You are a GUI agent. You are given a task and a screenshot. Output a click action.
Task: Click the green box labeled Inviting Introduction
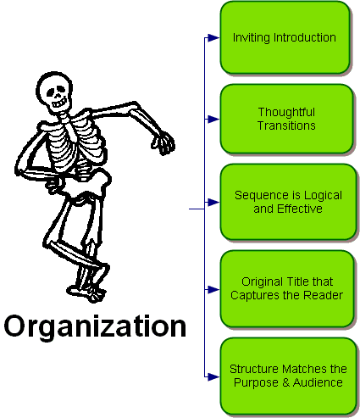coord(285,37)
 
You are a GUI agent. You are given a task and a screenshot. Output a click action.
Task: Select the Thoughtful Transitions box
coord(286,119)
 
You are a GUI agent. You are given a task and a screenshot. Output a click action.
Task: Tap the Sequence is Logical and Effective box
coord(288,202)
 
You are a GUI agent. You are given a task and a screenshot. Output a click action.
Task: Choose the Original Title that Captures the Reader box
coord(287,288)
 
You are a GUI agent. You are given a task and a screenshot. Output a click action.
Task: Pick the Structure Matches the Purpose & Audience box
coord(288,376)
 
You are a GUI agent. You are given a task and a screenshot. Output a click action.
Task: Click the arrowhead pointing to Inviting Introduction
coord(213,37)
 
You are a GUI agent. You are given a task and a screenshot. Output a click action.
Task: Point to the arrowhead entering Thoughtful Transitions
coord(213,120)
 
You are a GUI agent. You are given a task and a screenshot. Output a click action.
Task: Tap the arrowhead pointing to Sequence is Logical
coord(213,203)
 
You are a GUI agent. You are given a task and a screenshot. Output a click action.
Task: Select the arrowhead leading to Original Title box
coord(213,290)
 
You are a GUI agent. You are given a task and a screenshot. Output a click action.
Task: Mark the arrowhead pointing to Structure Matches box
coord(213,376)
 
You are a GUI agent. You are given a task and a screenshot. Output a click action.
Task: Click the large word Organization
coord(95,326)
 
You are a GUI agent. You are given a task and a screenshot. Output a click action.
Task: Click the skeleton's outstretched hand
coord(163,143)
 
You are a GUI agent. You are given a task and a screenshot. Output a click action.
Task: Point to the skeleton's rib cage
coord(75,142)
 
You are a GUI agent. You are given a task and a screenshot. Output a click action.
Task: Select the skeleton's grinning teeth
coord(60,103)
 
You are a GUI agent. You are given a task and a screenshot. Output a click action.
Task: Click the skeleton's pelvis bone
coord(85,184)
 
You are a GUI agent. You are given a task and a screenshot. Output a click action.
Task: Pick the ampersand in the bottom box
coord(285,382)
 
